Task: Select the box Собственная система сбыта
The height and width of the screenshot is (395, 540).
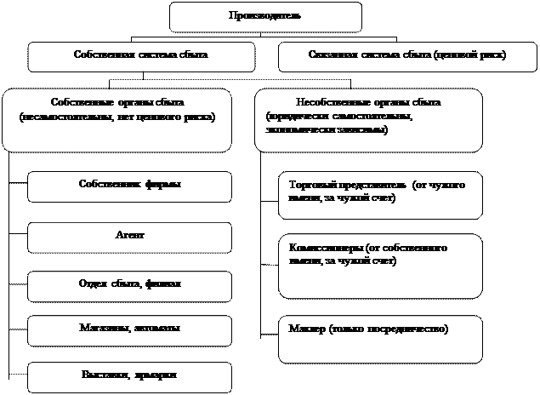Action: (x=141, y=56)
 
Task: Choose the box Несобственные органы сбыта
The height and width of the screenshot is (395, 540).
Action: (x=368, y=120)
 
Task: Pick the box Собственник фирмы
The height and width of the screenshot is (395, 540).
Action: (x=129, y=186)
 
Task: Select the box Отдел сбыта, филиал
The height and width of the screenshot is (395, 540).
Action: (x=129, y=284)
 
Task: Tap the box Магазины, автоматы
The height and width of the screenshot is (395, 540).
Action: (x=129, y=329)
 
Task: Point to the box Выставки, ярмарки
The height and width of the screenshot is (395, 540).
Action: (x=129, y=375)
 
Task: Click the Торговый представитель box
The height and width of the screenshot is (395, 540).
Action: (x=380, y=195)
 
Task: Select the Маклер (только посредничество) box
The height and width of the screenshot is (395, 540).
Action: (x=380, y=338)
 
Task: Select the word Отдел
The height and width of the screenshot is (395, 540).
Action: (x=91, y=283)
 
